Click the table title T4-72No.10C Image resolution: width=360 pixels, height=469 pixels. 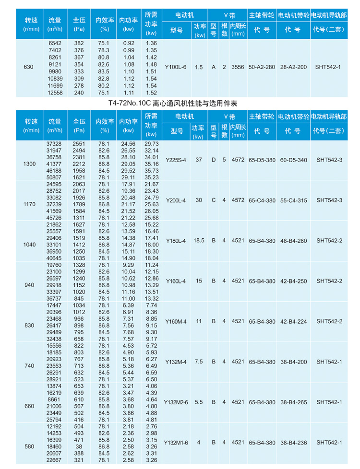173,103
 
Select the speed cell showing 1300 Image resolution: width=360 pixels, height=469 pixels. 29,164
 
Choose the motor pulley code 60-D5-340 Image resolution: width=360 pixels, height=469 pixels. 293,160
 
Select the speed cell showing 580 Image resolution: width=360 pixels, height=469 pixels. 29,446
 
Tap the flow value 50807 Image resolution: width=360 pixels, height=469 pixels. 54,177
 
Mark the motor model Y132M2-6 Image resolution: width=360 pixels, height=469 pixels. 176,402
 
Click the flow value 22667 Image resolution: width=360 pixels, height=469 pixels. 54,460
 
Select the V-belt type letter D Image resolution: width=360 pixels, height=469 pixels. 214,160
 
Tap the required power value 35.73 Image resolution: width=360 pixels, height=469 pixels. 151,170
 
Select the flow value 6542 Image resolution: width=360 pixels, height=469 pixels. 55,43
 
